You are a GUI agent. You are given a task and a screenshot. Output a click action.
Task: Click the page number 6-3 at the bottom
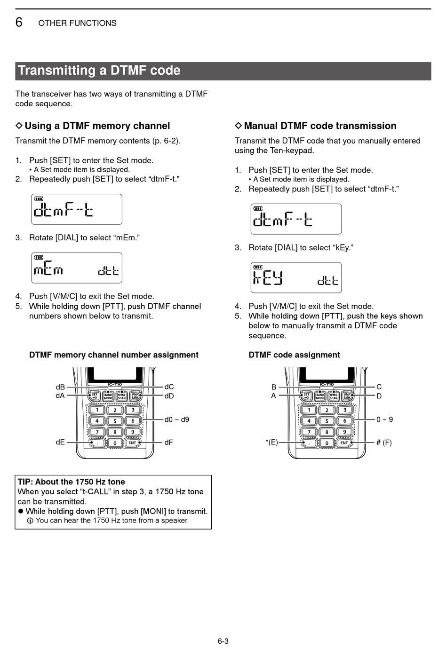(x=223, y=641)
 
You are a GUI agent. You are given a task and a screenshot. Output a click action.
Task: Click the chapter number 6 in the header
(x=19, y=22)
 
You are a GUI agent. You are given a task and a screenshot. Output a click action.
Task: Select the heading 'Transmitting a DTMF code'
(x=99, y=71)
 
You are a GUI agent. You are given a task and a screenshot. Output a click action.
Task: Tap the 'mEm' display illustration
(x=77, y=268)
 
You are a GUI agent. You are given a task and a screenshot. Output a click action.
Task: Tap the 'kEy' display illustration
(x=296, y=278)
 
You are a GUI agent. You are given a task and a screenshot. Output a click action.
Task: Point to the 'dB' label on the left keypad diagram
(x=60, y=387)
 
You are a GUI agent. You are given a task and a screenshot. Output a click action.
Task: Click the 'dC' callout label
(x=169, y=387)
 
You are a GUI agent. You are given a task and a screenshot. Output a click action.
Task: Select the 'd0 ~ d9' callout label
(x=176, y=419)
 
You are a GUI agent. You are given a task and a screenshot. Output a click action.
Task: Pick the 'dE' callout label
(x=60, y=442)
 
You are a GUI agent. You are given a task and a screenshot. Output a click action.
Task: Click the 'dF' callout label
(x=168, y=442)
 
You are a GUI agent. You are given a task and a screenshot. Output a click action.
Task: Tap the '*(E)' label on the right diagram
(x=271, y=442)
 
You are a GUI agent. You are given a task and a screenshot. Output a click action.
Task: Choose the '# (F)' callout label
(x=384, y=442)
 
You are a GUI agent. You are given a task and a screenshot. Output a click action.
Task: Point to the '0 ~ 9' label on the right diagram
(x=384, y=419)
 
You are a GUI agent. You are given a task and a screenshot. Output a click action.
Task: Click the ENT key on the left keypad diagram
(x=132, y=443)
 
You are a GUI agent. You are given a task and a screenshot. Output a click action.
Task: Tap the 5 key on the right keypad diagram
(x=327, y=421)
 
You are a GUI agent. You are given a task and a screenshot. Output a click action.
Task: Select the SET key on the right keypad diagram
(x=306, y=396)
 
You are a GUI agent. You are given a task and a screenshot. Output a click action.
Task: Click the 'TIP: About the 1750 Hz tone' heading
(x=72, y=482)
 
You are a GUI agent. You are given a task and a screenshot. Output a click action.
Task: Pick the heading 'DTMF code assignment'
(x=294, y=355)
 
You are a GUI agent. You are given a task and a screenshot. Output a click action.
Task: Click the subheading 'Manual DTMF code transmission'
(x=320, y=126)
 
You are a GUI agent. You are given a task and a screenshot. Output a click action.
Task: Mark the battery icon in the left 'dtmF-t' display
(x=38, y=199)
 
